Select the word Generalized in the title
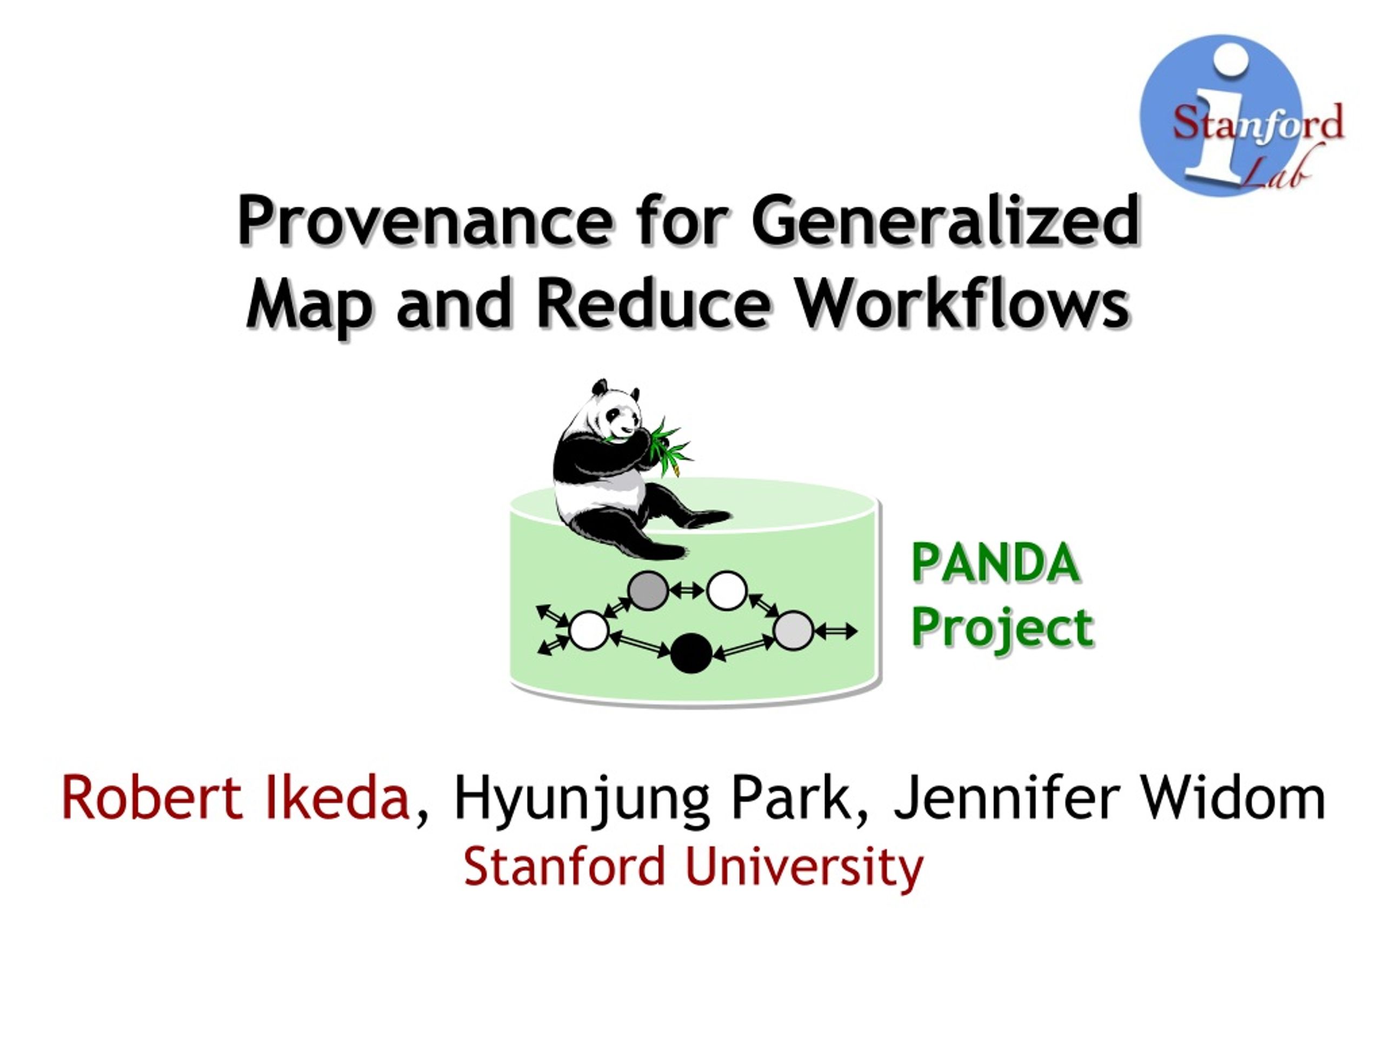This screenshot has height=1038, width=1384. coord(947,219)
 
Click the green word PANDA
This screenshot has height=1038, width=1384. coord(995,563)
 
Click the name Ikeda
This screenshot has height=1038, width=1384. coord(338,798)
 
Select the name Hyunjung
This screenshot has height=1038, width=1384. coord(582,801)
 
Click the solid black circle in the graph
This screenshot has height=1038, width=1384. coord(691,653)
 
